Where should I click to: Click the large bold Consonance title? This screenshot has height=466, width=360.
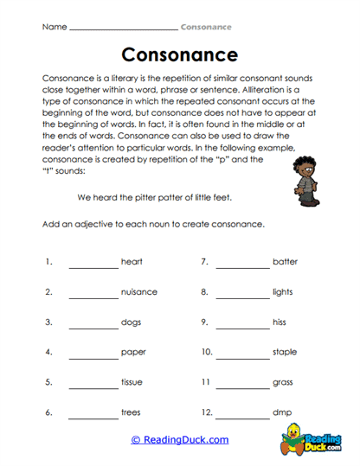point(179,55)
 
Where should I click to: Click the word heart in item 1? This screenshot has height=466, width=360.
point(132,261)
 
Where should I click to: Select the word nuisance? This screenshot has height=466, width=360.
point(139,291)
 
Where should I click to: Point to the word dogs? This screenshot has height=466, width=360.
point(131,322)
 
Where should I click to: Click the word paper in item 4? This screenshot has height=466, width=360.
point(132,352)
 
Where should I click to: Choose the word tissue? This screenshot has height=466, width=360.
point(132,382)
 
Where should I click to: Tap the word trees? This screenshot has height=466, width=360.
point(131,412)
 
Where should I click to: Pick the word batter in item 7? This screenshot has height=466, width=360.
point(285,261)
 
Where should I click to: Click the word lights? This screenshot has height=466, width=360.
point(283,291)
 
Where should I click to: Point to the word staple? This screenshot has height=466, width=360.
point(285,352)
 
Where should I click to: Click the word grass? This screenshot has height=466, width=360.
point(283,382)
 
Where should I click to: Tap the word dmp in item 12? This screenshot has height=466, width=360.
point(281,412)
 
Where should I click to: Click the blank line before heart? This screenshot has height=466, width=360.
point(93,265)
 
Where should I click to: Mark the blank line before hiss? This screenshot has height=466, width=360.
point(241,326)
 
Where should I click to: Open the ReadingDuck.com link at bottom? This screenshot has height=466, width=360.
point(179,440)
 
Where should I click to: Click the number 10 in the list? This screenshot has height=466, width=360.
point(206,352)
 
